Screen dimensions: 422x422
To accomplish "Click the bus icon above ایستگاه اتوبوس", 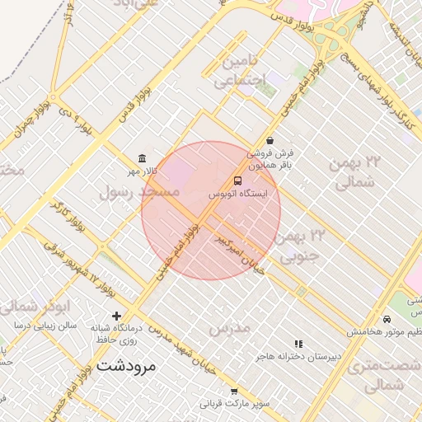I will [x=238, y=181].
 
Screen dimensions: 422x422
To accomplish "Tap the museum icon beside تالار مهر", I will [x=143, y=158].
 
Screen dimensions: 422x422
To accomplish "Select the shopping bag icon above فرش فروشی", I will [x=270, y=141].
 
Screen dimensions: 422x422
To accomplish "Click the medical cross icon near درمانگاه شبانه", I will [x=116, y=315].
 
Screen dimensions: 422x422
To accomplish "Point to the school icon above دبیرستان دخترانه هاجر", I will [x=298, y=344].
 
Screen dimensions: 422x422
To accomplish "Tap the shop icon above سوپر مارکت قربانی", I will [x=234, y=392].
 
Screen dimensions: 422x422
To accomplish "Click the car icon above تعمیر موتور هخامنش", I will [x=387, y=319].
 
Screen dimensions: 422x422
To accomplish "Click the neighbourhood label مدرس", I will [x=228, y=329].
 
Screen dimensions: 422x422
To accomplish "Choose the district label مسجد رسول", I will [x=138, y=192].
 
